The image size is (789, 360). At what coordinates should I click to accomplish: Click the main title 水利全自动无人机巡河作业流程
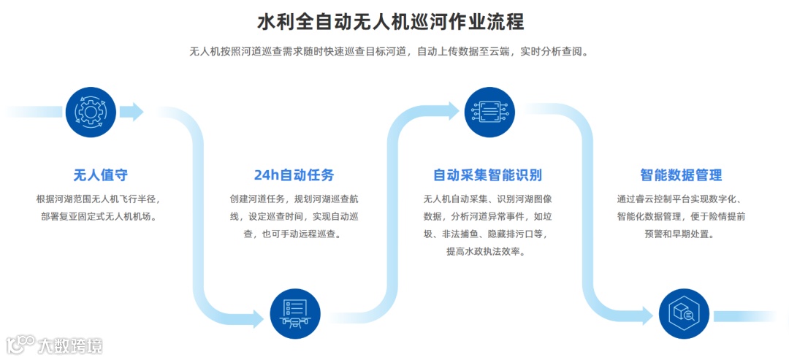tap(391, 21)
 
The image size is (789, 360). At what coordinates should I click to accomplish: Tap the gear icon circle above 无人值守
tap(91, 112)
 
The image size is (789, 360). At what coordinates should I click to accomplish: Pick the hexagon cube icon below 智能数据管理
tap(684, 314)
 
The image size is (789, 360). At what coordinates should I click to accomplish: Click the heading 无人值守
tap(101, 175)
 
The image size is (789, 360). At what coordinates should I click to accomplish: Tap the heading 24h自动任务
tap(294, 175)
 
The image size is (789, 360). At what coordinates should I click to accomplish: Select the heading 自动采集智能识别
tap(487, 175)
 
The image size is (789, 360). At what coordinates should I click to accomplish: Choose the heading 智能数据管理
tap(681, 175)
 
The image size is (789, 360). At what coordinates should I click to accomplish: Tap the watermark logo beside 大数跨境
tap(21, 344)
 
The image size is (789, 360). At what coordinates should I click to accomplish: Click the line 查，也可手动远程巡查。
tap(294, 234)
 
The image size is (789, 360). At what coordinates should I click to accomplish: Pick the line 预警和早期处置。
tap(680, 234)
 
